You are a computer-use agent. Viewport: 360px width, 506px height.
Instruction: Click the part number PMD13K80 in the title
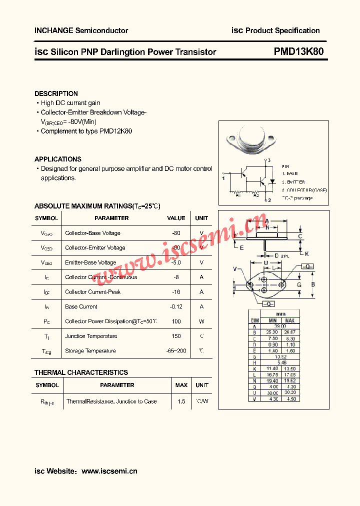click(298, 52)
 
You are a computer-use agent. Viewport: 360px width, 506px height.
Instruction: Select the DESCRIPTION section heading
click(56, 93)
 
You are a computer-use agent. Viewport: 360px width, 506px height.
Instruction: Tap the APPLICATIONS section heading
click(58, 159)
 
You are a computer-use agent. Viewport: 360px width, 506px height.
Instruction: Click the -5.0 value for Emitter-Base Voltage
click(175, 262)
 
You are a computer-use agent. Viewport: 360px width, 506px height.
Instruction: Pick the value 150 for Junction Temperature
click(175, 336)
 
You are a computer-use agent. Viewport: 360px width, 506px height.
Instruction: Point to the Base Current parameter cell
click(81, 306)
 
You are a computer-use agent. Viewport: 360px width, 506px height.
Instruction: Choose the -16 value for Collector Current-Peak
click(175, 292)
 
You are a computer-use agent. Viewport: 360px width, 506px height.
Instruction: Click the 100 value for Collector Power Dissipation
click(175, 321)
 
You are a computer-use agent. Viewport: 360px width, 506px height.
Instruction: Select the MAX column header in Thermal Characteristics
click(181, 385)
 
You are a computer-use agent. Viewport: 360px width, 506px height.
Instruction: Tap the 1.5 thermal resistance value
click(181, 401)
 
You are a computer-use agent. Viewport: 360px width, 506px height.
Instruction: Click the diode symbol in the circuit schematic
click(272, 181)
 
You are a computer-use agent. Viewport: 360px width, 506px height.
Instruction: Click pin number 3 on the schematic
click(269, 160)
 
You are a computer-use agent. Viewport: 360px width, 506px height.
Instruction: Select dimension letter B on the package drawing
click(313, 284)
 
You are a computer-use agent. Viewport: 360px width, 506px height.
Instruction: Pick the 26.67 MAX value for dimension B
click(289, 332)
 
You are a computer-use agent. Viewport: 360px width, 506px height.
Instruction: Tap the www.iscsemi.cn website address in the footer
click(109, 471)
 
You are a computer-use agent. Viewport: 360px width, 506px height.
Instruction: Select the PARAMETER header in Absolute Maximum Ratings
click(111, 218)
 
